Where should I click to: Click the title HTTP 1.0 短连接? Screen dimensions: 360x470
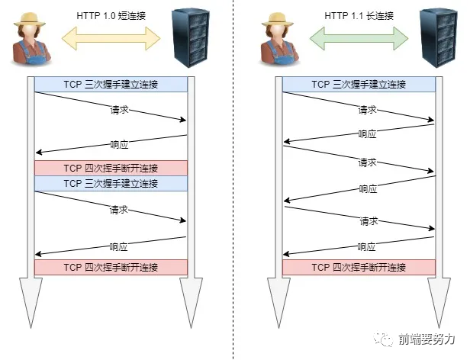click(x=111, y=15)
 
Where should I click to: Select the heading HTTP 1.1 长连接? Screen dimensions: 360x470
click(x=359, y=15)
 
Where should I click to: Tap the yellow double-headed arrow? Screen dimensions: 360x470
click(x=111, y=35)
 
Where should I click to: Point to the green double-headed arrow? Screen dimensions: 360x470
click(x=359, y=35)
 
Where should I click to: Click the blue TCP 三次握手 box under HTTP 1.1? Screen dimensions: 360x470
click(x=359, y=85)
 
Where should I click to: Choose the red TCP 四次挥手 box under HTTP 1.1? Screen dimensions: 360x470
click(x=359, y=268)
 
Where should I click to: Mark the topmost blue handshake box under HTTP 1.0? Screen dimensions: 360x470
click(x=111, y=85)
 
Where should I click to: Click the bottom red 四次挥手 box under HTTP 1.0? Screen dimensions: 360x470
click(x=111, y=268)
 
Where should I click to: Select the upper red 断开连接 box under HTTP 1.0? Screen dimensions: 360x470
click(x=111, y=169)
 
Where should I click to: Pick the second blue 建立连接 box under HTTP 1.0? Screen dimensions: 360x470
click(x=111, y=184)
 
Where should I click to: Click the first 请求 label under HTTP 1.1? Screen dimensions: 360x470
click(x=368, y=110)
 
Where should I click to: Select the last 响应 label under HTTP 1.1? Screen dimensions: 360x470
click(x=368, y=247)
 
